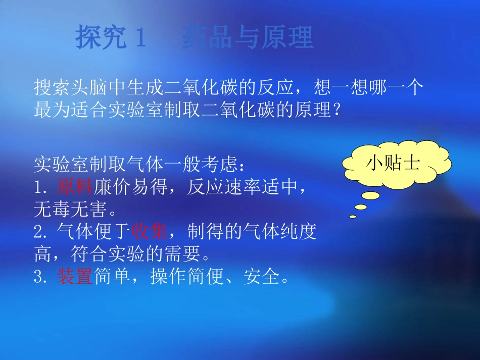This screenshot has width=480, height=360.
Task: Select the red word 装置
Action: [x=74, y=276]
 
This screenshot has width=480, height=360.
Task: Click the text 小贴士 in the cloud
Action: [x=393, y=163]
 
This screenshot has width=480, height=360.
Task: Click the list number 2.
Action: [x=40, y=232]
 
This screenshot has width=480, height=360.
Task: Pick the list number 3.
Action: [x=40, y=277]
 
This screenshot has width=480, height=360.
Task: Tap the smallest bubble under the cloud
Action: [x=353, y=217]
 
